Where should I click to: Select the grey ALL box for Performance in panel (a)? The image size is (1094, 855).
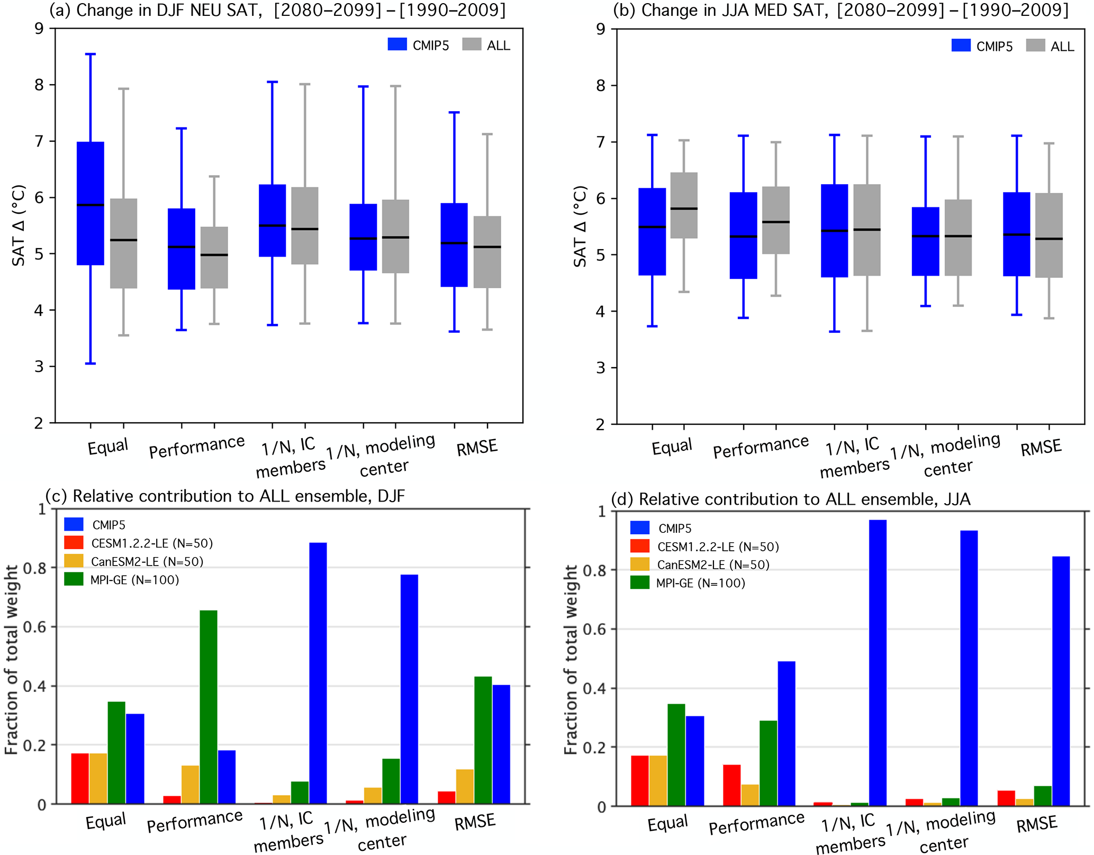pos(214,258)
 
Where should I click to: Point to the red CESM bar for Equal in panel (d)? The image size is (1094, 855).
pos(640,780)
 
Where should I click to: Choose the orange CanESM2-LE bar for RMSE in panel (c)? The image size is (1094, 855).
pos(465,786)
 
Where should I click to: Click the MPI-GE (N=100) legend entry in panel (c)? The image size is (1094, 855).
pos(122,580)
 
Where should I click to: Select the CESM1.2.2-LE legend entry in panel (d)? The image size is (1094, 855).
pos(704,547)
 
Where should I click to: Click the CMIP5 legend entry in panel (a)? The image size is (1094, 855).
pos(418,46)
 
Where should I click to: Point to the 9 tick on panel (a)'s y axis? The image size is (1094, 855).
pos(39,29)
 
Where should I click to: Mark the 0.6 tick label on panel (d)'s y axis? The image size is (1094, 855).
pos(595,629)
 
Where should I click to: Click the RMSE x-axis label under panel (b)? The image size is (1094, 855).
pos(1041,448)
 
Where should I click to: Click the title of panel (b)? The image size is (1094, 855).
pos(840,10)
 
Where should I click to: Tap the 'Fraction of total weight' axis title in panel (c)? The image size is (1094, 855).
pos(12,659)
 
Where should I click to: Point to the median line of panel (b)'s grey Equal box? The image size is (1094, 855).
pos(684,208)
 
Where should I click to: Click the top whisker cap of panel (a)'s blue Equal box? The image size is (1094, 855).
pos(91,54)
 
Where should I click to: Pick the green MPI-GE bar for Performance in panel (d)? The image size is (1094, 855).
pos(768,763)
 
